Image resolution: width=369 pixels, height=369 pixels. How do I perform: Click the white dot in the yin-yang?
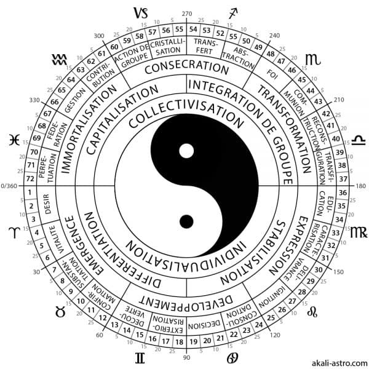(186, 150)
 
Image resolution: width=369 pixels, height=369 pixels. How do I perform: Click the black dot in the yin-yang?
(185, 220)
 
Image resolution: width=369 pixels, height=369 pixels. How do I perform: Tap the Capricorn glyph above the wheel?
(141, 12)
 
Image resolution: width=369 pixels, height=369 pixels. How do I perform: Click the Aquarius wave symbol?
(60, 59)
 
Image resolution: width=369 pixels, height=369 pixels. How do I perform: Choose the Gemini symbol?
(141, 357)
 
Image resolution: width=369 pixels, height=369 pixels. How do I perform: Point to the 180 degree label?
(361, 185)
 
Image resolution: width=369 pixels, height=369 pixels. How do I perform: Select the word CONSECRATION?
(186, 66)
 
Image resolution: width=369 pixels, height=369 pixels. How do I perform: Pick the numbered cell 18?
(179, 342)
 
